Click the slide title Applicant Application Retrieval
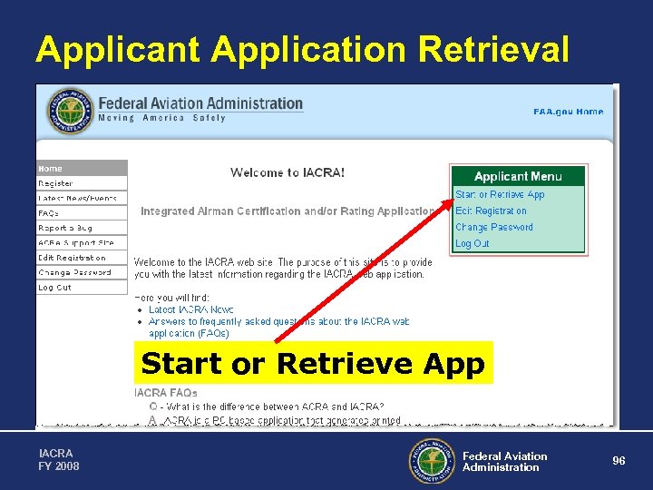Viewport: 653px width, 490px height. pos(302,50)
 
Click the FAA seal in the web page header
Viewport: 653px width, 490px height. pos(70,111)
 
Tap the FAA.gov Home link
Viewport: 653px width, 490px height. pos(568,112)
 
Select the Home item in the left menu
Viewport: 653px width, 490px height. pos(82,168)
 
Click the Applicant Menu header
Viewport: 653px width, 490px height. pos(518,176)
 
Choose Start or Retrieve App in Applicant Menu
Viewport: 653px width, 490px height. pos(500,194)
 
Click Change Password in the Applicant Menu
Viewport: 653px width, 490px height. pos(494,227)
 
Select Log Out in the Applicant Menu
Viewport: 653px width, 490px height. pos(473,243)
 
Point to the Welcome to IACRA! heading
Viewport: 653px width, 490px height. pos(288,172)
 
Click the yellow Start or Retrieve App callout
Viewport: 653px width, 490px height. pos(313,364)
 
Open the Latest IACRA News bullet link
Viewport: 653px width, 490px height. pos(191,309)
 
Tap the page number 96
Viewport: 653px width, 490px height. pos(619,461)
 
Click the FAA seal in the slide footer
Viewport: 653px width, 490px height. pos(431,461)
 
